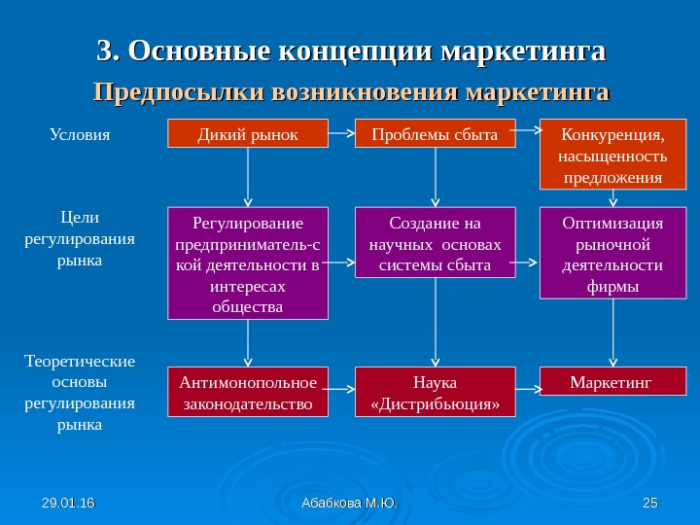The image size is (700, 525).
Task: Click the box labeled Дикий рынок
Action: click(248, 133)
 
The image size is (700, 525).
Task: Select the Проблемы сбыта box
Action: click(435, 133)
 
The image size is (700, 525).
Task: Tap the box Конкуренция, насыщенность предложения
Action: click(612, 154)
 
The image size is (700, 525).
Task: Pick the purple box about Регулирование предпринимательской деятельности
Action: click(248, 262)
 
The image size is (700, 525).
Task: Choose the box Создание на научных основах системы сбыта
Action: click(435, 242)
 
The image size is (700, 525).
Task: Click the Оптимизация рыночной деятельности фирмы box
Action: click(612, 253)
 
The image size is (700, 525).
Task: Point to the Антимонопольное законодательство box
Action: click(248, 390)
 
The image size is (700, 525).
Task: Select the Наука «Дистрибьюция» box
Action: click(435, 390)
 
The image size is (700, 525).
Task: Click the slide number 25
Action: click(650, 502)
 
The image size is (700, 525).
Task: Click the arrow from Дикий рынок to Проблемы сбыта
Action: click(341, 129)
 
